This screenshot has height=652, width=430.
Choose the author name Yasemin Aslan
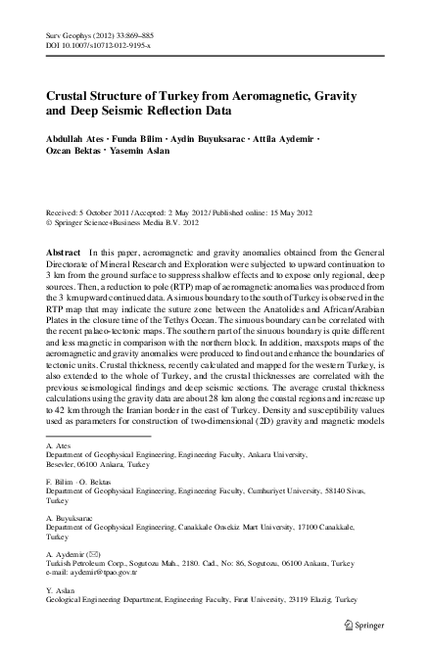click(x=149, y=155)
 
